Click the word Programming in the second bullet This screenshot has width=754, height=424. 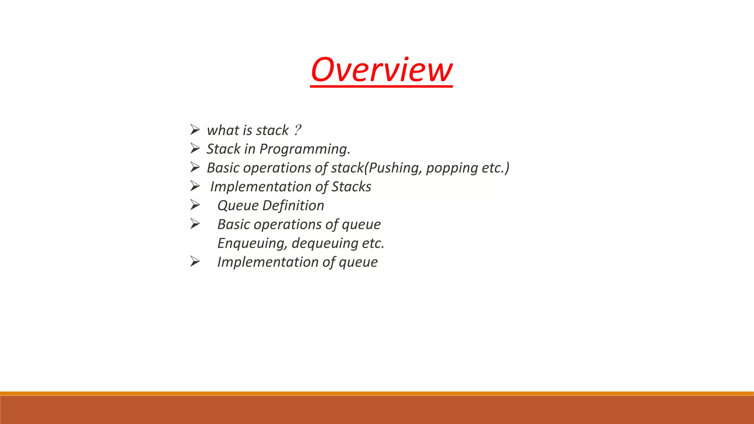pos(304,149)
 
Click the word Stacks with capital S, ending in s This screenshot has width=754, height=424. pos(351,187)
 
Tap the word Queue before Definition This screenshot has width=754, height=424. pos(238,205)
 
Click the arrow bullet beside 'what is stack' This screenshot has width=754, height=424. pos(195,130)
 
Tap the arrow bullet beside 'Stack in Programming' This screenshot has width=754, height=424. pos(195,148)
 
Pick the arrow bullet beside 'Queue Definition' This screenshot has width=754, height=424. pos(195,205)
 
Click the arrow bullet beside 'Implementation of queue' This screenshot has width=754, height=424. pos(195,261)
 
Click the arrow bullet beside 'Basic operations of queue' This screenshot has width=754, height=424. pos(195,223)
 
